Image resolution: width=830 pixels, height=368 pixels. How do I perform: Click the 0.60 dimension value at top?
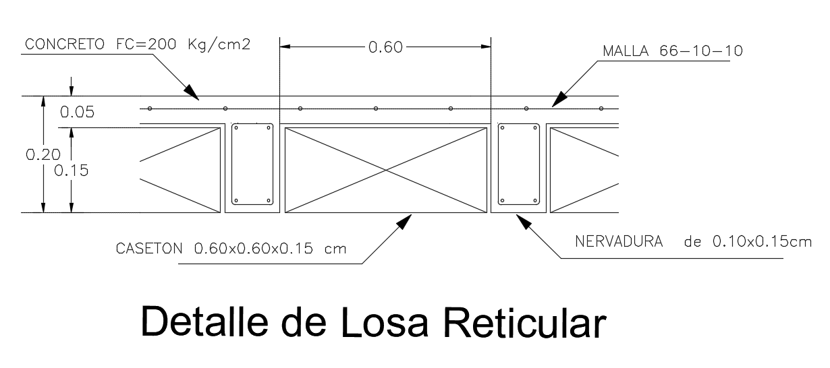coord(385,47)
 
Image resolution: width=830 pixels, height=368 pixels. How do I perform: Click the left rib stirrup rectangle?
coord(252,163)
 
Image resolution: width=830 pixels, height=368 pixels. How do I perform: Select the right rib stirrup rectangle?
coord(519,163)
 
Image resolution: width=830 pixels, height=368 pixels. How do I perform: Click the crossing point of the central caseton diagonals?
coord(385,169)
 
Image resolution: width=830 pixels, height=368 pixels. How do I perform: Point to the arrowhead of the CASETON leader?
coord(406,220)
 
